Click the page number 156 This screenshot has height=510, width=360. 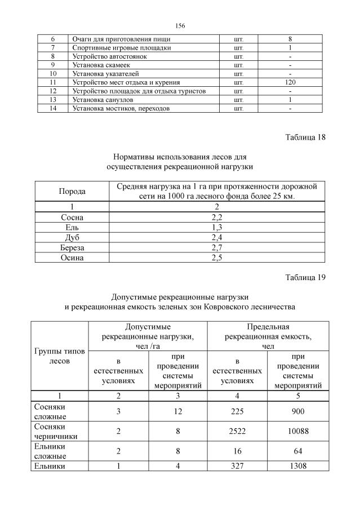coord(180,26)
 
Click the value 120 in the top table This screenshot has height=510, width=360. coord(290,82)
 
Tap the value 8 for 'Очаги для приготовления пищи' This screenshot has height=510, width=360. coord(290,39)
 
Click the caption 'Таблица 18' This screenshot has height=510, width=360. coord(305,137)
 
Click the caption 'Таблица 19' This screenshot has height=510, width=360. coord(305,277)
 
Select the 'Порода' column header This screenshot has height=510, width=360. coord(72,192)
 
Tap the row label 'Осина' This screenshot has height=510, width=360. coord(72,258)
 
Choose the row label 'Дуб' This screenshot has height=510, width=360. coord(72,237)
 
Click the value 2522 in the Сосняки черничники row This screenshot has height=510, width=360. coord(237,431)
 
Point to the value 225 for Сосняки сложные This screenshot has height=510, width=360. coord(237,411)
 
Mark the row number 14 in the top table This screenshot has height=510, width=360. coord(53,108)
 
